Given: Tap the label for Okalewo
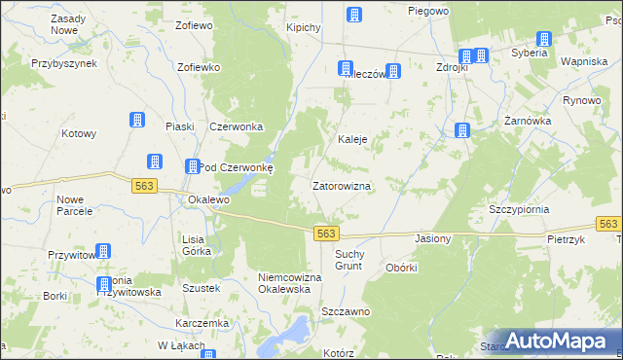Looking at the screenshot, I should (x=207, y=199).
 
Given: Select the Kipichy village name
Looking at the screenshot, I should (x=304, y=27).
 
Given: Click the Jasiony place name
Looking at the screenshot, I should (x=432, y=238).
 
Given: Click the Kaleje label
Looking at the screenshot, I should (x=351, y=139).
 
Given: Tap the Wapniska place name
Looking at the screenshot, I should (x=585, y=61).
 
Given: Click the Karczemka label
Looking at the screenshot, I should (x=202, y=322).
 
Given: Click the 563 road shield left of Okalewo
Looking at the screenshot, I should (x=141, y=186).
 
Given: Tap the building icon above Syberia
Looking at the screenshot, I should (x=543, y=39).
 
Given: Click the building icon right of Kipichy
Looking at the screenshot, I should (x=354, y=15).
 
